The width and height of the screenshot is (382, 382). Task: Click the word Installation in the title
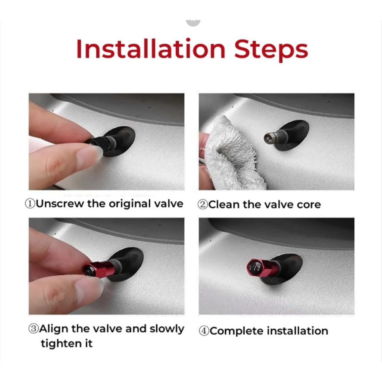click(x=151, y=49)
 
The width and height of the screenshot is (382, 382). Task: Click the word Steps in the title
click(x=271, y=50)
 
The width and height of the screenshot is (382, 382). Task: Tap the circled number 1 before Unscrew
click(x=30, y=204)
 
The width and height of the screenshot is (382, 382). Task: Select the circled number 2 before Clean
click(x=203, y=204)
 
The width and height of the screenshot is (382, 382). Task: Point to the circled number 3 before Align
click(x=34, y=329)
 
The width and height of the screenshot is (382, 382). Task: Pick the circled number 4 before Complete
click(x=204, y=331)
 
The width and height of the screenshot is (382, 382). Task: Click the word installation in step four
click(x=297, y=331)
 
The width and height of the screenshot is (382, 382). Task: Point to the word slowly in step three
click(x=167, y=329)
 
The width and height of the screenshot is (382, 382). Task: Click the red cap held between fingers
click(x=98, y=269)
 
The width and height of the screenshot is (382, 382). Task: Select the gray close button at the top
click(x=193, y=22)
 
